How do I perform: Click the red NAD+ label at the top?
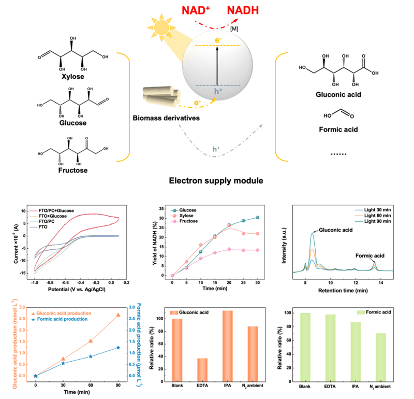click(195, 10)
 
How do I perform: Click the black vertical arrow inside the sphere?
click(217, 65)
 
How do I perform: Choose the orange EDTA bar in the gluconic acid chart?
click(202, 369)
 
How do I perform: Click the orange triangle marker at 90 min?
click(119, 315)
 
